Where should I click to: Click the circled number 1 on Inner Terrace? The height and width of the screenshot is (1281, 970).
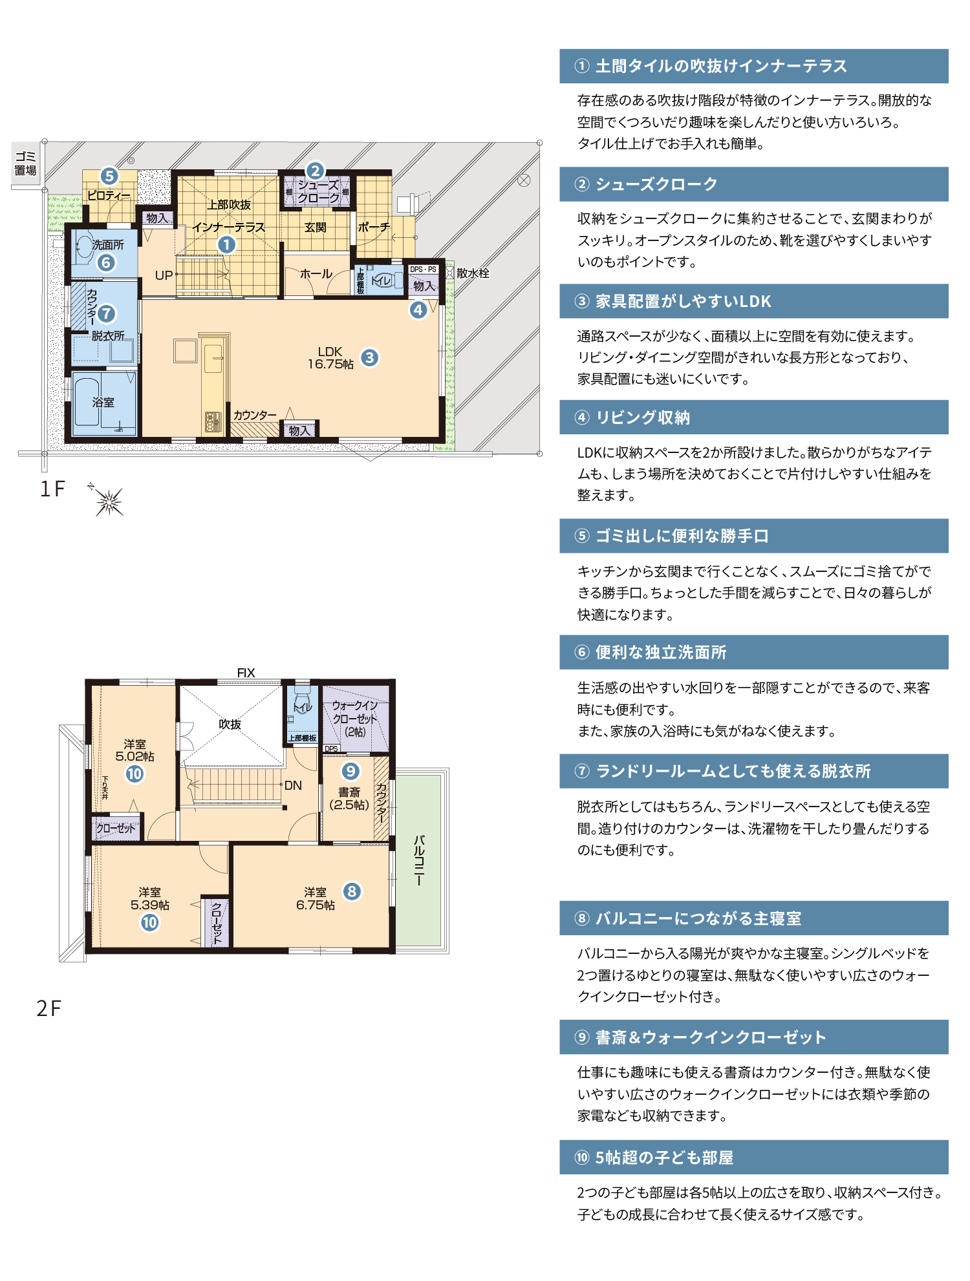pos(226,245)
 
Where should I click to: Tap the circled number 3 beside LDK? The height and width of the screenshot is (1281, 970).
pos(369,357)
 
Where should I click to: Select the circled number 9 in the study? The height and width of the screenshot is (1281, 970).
pos(350,770)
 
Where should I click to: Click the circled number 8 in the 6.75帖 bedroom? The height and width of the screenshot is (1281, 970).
pos(352,892)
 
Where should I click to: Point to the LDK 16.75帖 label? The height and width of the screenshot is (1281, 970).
pos(330,358)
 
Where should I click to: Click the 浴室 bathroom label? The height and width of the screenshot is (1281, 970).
pos(103,402)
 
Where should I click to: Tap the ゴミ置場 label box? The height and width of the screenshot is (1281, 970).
pos(26,164)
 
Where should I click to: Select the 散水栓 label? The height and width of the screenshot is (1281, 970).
pos(473,273)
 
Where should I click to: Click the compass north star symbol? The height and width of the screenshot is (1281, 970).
pos(107,500)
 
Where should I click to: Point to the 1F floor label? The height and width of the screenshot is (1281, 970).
pos(52,489)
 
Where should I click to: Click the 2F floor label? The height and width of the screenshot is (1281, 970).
pos(49,1008)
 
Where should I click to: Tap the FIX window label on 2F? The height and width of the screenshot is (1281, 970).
pos(246,673)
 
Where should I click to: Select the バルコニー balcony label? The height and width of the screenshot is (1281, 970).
pos(419,860)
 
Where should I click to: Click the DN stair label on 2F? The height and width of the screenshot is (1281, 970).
pos(293,785)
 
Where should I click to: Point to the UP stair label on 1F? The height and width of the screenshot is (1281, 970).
pos(164,275)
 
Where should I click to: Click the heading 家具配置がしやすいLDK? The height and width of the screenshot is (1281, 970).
pos(684,301)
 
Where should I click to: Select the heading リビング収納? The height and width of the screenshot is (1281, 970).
pos(643,418)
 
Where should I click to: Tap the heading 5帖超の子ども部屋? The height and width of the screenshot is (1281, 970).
pos(664,1158)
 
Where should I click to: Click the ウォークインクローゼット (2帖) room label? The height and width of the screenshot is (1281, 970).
pos(355,719)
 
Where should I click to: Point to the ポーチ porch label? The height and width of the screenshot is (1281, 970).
pos(374,228)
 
